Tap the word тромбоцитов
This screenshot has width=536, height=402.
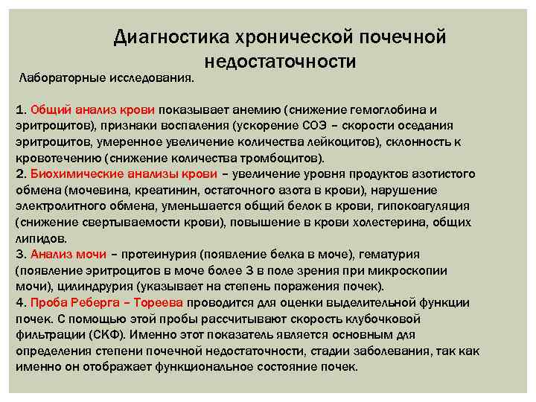click(286, 158)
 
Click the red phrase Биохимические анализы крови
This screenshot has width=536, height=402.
click(124, 173)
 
